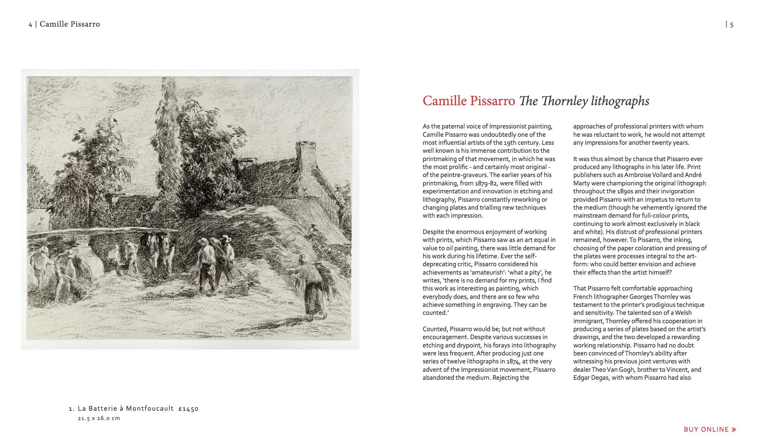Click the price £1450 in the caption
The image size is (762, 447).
click(188, 409)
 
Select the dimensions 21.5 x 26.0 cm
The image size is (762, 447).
click(99, 418)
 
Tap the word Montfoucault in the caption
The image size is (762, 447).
click(150, 409)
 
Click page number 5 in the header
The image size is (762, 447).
click(731, 25)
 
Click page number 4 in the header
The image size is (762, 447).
click(31, 25)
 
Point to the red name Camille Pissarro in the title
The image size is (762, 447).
click(468, 101)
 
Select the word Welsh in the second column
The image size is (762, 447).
click(683, 313)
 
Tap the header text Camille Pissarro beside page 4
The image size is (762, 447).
click(70, 24)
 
